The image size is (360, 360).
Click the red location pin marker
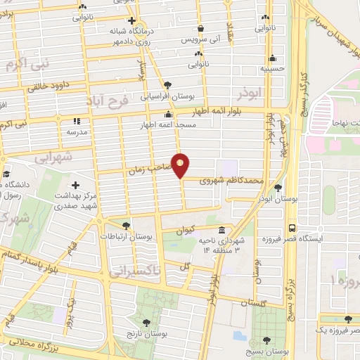pos(181,165)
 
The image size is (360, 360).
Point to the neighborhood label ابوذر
pos(250,93)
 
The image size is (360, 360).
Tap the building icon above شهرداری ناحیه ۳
pos(222,230)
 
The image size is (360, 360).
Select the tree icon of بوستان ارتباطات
pos(125,226)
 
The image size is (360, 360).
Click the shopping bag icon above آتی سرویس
pos(201,29)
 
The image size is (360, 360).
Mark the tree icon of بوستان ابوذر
pos(278,188)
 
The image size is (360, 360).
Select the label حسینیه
pos(272,70)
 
